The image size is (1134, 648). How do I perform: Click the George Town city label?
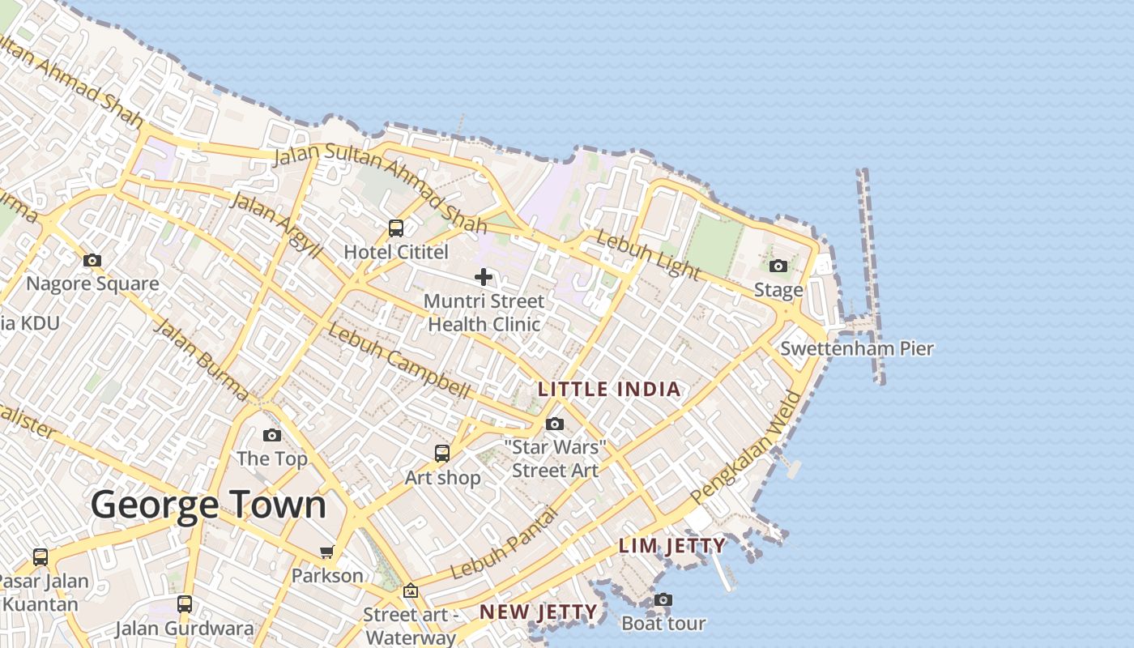[208, 505]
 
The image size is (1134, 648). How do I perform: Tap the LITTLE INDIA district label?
[609, 390]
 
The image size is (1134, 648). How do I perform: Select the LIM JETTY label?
[672, 546]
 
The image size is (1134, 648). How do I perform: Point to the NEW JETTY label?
[539, 612]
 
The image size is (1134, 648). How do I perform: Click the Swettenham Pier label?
[857, 349]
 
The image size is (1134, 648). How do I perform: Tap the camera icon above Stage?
[778, 266]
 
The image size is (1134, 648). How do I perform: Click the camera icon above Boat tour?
[663, 599]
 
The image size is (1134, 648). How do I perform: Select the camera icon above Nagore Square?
[92, 260]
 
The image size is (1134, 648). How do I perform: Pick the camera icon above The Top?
[272, 435]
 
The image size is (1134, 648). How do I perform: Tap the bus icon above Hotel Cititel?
[396, 228]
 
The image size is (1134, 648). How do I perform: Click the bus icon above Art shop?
[442, 454]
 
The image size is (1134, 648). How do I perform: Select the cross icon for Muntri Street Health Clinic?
[484, 277]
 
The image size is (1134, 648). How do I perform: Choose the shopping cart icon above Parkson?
[327, 552]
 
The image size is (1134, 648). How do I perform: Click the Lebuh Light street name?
[648, 254]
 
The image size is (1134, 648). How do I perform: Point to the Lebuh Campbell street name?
[399, 362]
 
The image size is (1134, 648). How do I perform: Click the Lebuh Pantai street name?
[504, 544]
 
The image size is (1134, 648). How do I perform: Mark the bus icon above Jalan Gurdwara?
[185, 603]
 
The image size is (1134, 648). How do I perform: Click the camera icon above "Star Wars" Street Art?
[555, 424]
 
